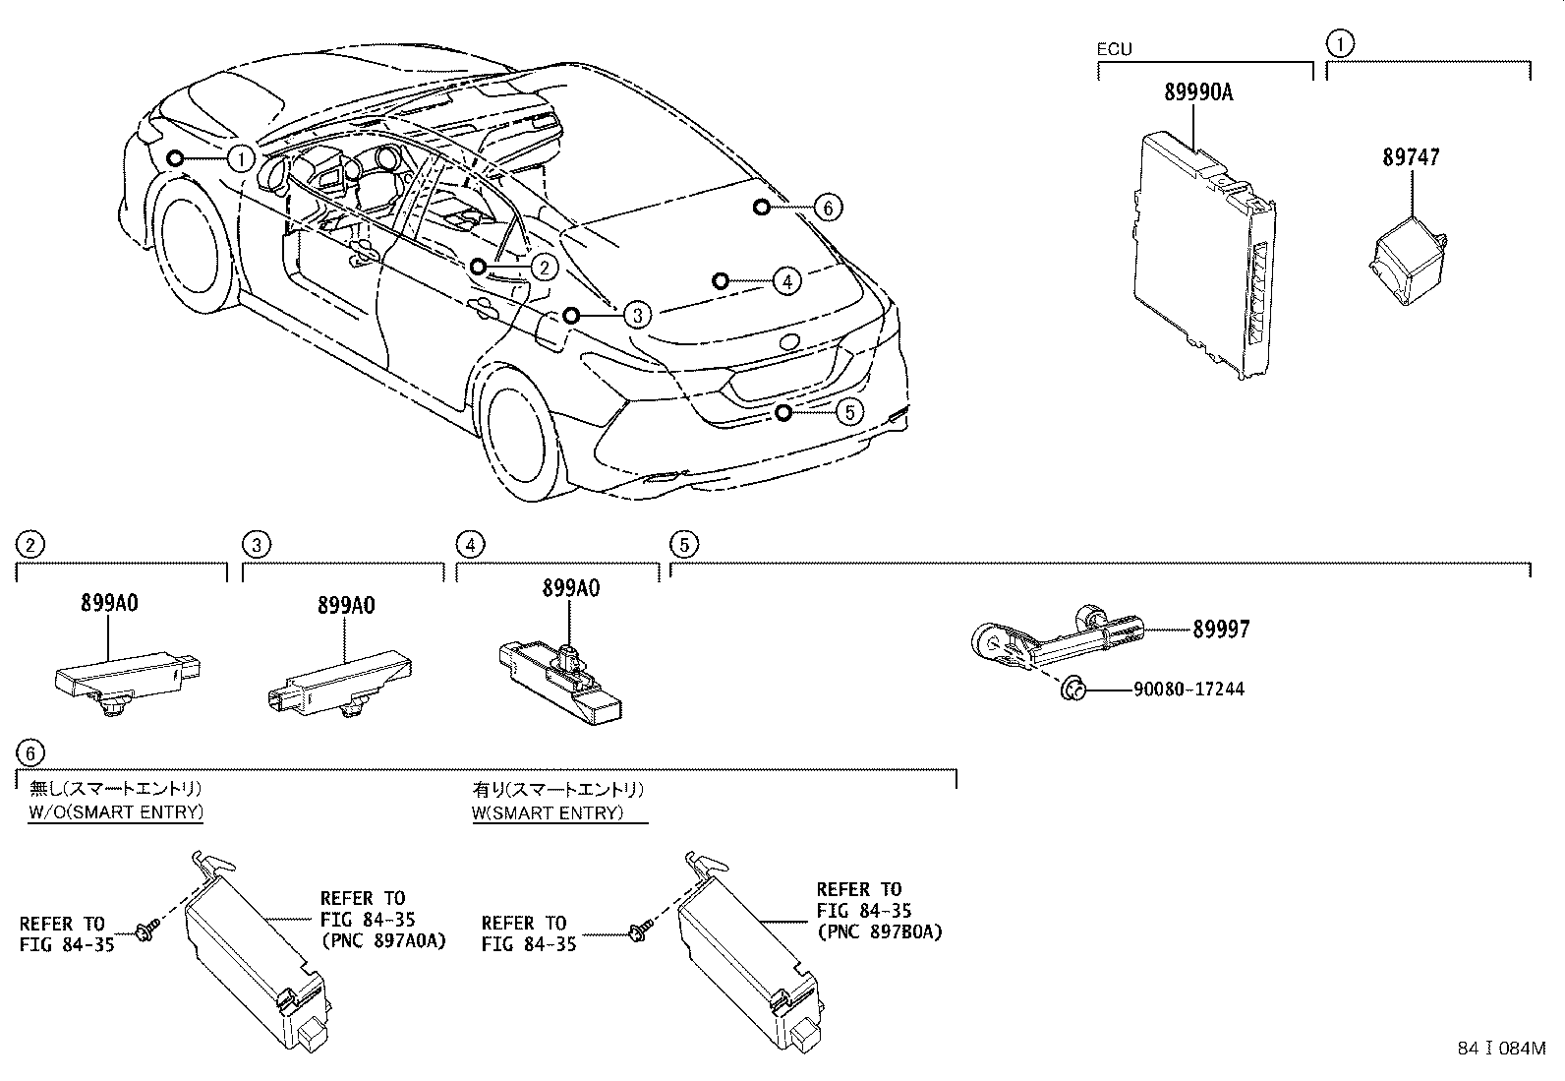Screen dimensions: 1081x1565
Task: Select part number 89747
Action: pos(1411,157)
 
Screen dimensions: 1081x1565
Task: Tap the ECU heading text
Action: pos(1114,49)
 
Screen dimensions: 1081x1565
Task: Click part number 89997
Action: pos(1221,630)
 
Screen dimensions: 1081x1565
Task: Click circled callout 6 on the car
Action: pos(828,208)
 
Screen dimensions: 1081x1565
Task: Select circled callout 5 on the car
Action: pos(849,412)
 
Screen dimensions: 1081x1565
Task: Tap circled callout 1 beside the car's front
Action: pos(241,158)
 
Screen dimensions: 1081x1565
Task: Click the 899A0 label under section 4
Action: pos(570,588)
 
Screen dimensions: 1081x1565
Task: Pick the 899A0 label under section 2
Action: pos(109,603)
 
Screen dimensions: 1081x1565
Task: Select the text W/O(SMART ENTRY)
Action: pos(115,812)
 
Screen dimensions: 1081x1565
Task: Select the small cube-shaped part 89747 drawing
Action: pos(1406,259)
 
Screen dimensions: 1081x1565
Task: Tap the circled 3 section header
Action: pos(256,544)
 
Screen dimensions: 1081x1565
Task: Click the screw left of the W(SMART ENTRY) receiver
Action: pos(636,930)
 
